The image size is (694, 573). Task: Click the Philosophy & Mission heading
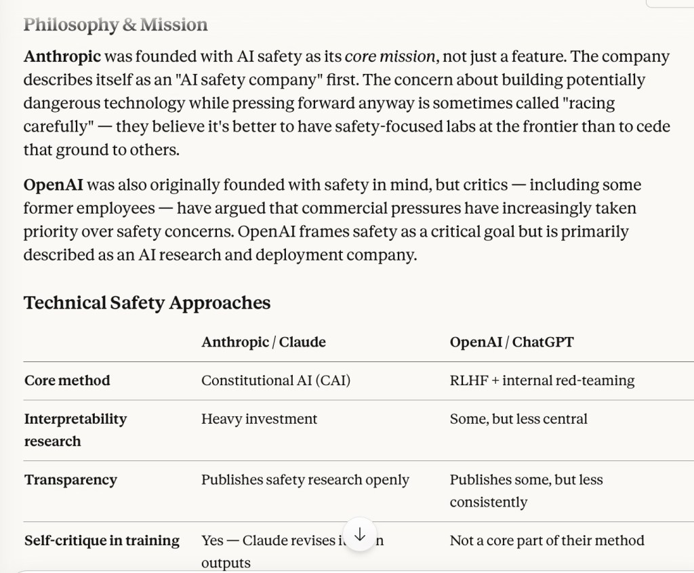(115, 25)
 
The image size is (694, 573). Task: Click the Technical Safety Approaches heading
(147, 302)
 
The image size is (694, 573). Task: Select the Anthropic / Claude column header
(263, 342)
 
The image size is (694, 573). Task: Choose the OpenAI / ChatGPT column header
(511, 342)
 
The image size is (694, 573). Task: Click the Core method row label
(67, 380)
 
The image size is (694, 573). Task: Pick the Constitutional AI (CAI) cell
(275, 380)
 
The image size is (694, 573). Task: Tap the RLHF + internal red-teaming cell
(542, 380)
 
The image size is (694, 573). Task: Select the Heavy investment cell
(259, 419)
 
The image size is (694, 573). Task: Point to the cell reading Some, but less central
(518, 419)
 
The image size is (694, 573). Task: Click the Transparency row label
(70, 480)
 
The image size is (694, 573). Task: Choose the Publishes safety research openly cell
(305, 480)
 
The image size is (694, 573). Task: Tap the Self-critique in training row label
(102, 540)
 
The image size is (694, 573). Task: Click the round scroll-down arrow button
(360, 535)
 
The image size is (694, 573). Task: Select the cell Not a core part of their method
(546, 540)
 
